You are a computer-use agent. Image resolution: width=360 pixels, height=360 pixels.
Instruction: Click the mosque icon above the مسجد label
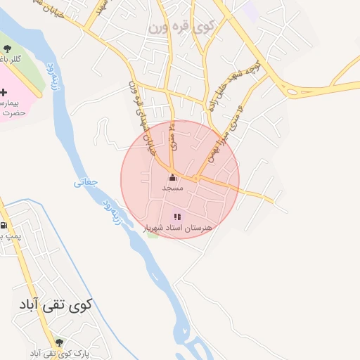172,178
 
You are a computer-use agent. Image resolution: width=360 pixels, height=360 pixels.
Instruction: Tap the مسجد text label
172,188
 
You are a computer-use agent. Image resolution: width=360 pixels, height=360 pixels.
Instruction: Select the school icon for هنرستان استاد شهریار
177,217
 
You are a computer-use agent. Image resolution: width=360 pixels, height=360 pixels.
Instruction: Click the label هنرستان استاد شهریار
177,228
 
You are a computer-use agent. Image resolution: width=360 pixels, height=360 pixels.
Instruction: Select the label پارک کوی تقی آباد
53,351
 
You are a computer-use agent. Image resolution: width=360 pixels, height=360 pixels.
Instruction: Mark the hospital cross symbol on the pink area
4,92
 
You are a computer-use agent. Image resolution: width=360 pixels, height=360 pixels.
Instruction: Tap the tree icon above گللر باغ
7,49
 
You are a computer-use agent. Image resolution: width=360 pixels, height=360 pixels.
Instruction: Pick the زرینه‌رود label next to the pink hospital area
51,79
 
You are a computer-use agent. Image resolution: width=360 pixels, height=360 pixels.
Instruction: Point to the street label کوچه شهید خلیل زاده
229,87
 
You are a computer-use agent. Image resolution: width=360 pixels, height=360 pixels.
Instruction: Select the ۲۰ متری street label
172,136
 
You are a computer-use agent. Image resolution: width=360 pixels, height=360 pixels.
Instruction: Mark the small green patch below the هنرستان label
153,233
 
